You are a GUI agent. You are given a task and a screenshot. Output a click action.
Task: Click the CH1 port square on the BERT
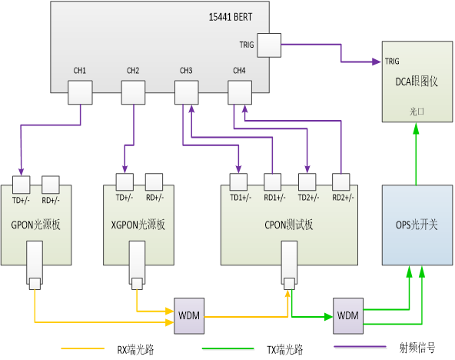80,92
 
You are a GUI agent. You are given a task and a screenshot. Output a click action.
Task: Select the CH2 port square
133,92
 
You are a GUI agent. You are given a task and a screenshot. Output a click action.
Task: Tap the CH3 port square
187,92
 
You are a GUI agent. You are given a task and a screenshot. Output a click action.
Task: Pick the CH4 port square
240,92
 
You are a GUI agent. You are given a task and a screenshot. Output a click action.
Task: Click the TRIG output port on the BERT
269,45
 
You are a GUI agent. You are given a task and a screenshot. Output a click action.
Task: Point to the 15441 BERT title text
231,17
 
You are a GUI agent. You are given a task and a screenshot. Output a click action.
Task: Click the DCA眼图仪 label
417,82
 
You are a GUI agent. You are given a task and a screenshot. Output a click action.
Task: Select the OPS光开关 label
417,225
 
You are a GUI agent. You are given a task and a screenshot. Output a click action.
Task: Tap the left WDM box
189,316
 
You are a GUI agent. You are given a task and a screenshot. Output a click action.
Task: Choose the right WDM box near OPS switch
348,316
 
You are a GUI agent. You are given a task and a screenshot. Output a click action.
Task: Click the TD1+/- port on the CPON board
238,182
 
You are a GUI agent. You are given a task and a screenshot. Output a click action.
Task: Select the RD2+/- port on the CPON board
341,182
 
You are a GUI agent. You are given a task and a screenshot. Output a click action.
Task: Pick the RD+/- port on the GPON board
51,185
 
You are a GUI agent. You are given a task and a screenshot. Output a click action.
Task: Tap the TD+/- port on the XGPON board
125,182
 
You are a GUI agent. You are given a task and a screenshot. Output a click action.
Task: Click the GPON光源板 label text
35,225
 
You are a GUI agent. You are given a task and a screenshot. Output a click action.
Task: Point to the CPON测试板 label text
289,225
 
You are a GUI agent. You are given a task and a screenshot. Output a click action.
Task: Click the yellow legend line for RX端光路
83,348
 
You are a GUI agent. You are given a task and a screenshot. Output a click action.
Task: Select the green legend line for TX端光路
227,348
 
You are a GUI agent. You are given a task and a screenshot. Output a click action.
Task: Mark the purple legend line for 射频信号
360,347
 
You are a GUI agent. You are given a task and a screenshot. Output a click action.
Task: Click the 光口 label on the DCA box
417,112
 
